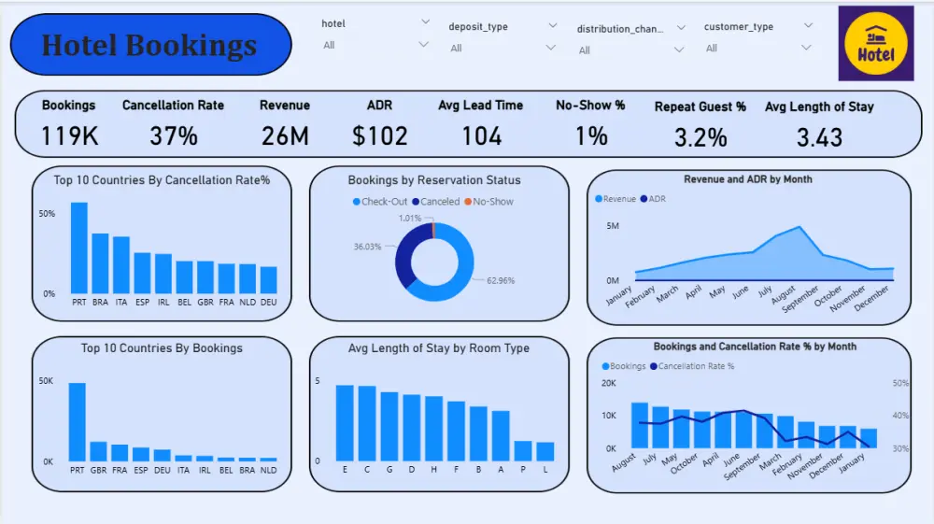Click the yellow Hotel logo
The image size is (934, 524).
coord(875,44)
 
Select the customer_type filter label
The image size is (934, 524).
coord(739,27)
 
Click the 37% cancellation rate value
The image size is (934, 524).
coord(174,136)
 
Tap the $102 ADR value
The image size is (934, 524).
coord(379,136)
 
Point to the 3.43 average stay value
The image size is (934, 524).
coord(819,137)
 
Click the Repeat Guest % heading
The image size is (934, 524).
coord(700,106)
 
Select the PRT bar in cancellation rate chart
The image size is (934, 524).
coord(79,248)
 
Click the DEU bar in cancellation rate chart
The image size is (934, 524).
coord(269,280)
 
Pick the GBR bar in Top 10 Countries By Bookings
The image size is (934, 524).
coord(98,451)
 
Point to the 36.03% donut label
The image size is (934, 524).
coord(367,247)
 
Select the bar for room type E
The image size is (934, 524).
coord(346,422)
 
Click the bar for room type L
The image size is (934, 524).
coord(545,451)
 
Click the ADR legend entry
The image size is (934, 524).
coord(657,199)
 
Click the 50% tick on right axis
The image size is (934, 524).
coord(900,383)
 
